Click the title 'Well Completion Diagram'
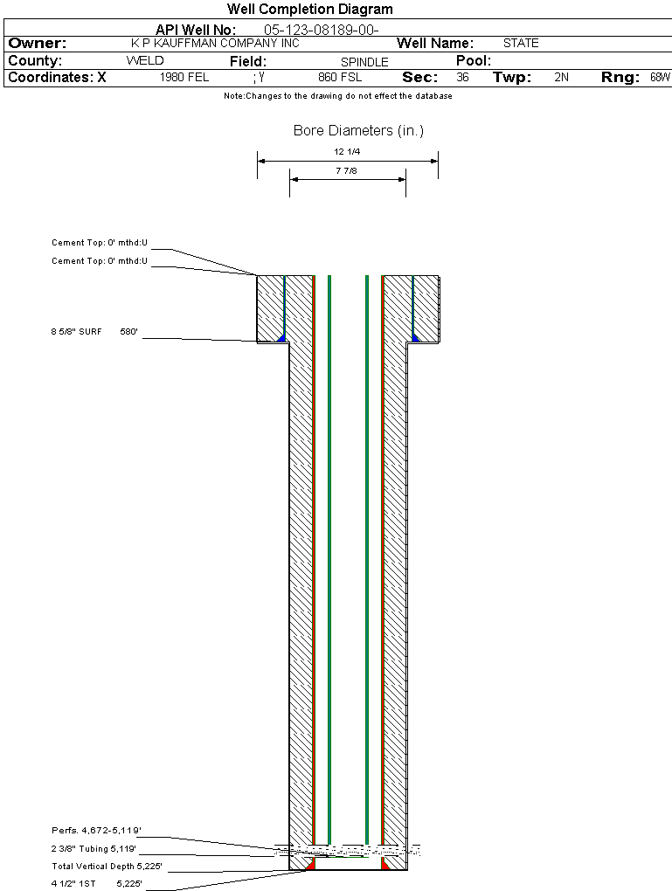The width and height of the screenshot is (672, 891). pos(310,9)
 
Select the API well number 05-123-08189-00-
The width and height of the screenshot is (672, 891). pos(322,30)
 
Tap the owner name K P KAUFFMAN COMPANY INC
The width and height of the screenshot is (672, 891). pos(215,43)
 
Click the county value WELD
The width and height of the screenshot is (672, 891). pos(145,61)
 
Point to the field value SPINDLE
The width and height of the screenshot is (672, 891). pos(364,62)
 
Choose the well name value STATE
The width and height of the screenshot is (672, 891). pos(521,43)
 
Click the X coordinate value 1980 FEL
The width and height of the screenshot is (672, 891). pos(184,77)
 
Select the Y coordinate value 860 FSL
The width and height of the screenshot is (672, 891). pos(340,77)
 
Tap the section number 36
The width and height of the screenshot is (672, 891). pos(463,77)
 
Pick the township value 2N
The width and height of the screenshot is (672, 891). pos(562,77)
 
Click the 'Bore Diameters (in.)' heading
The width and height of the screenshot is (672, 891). pos(359,131)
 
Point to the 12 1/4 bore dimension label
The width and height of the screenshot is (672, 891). pos(347,152)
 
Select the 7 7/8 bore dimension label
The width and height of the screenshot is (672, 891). pos(346,170)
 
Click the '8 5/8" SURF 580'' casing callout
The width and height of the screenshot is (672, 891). pos(94,331)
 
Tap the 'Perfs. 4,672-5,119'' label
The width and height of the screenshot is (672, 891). pos(96,830)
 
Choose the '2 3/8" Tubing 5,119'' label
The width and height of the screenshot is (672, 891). pos(94,848)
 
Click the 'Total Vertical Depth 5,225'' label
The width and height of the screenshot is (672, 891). pos(107,866)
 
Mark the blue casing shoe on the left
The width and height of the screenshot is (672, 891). pos(281,337)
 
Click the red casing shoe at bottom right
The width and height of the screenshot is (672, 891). pos(385,863)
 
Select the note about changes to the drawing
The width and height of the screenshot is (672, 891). pos(338,96)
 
